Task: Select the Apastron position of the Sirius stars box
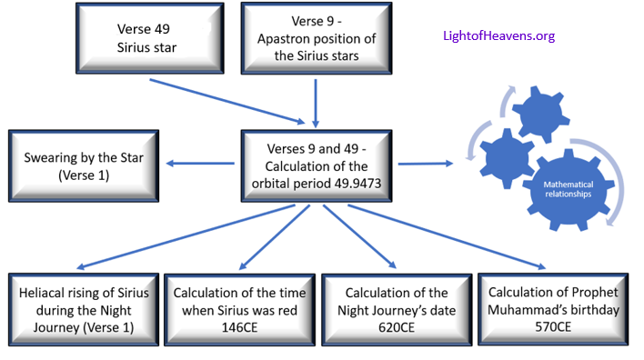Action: (316, 37)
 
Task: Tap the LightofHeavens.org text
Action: (498, 36)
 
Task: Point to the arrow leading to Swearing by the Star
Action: (201, 165)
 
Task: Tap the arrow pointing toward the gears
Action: (426, 164)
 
